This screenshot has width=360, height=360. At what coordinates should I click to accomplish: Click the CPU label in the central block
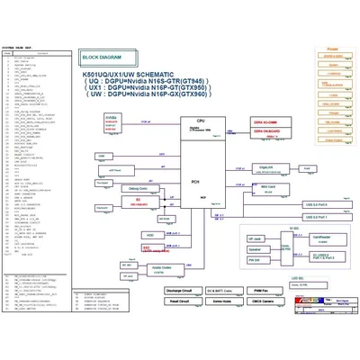point(202,120)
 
